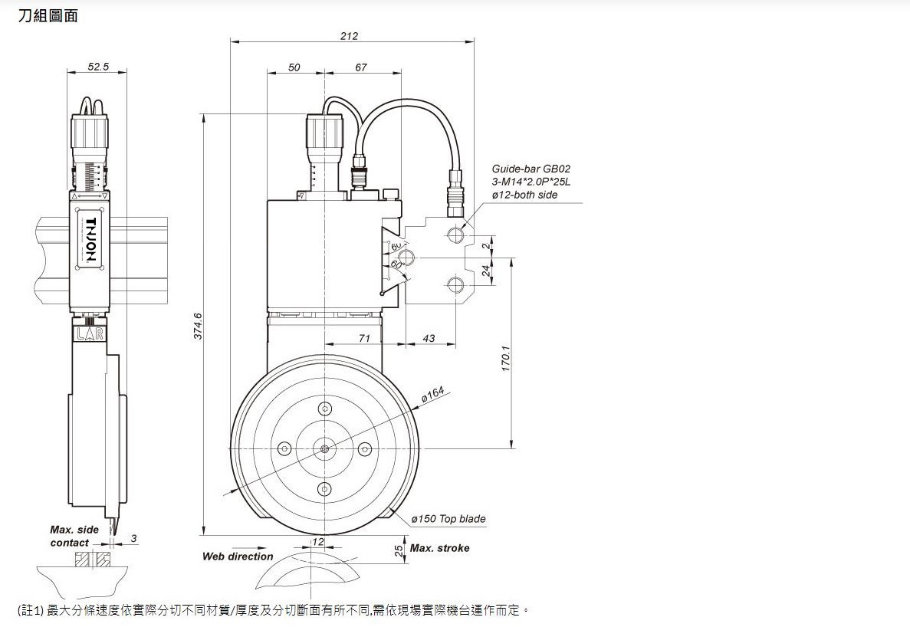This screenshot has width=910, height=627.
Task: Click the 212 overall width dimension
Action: click(350, 36)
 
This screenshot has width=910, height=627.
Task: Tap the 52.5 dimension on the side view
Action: click(98, 67)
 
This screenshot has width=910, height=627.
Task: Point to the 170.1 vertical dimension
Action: click(506, 358)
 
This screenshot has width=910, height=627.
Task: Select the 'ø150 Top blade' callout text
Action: click(448, 519)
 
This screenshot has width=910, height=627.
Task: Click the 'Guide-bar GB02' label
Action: click(531, 169)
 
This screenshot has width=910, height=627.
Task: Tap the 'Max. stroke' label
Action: click(439, 548)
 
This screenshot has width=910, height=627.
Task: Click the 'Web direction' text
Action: click(238, 556)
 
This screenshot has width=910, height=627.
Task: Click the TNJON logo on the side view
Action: click(90, 240)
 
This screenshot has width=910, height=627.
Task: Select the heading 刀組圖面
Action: click(48, 15)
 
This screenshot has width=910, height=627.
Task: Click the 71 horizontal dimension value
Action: click(364, 338)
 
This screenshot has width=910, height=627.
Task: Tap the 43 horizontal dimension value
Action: click(429, 338)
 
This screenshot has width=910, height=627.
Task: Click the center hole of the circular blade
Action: click(325, 448)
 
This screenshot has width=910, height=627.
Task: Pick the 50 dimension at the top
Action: click(294, 67)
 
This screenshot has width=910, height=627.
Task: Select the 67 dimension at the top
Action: click(361, 67)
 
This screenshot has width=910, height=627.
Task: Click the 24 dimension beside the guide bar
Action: click(486, 270)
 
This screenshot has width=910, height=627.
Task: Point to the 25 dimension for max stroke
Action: click(399, 550)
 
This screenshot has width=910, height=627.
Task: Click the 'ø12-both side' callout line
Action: click(525, 195)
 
